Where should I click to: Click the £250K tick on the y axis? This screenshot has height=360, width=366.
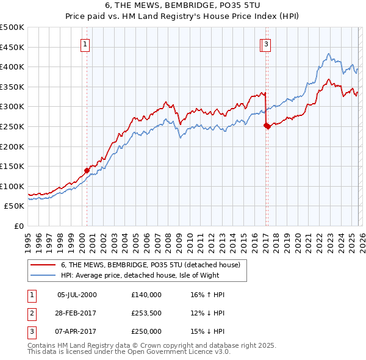point(12,126)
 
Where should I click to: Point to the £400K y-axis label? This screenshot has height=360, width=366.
point(12,67)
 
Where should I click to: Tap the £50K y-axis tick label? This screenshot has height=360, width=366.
point(15,206)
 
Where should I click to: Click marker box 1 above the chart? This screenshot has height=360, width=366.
point(85,44)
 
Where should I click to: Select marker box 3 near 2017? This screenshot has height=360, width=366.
point(267,44)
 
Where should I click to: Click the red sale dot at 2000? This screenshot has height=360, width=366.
point(87,170)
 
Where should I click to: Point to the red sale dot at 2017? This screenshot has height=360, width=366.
point(267,126)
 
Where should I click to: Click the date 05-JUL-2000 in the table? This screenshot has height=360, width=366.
point(77,295)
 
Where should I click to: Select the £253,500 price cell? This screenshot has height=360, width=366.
point(146,313)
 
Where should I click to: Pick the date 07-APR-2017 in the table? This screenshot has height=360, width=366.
point(77,331)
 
